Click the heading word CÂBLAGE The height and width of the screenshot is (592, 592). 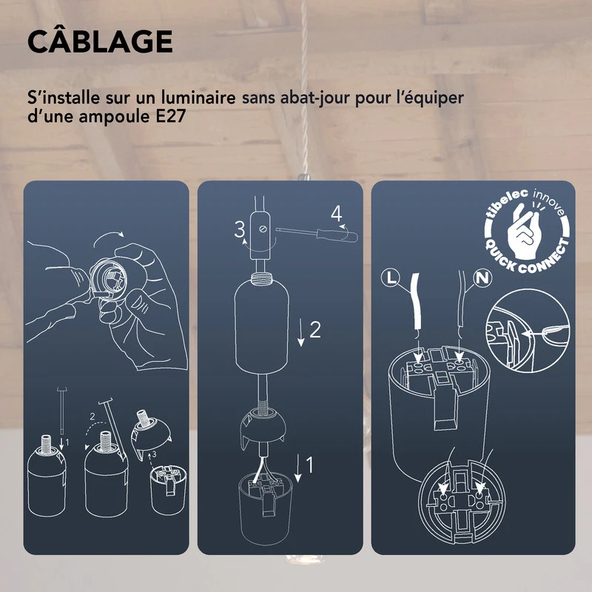click(x=100, y=42)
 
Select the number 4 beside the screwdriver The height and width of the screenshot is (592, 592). click(x=337, y=215)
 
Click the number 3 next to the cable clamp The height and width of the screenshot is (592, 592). click(x=240, y=230)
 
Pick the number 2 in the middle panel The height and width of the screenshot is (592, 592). click(x=314, y=330)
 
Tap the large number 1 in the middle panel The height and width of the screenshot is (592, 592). click(x=310, y=465)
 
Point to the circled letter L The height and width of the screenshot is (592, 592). click(x=393, y=279)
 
